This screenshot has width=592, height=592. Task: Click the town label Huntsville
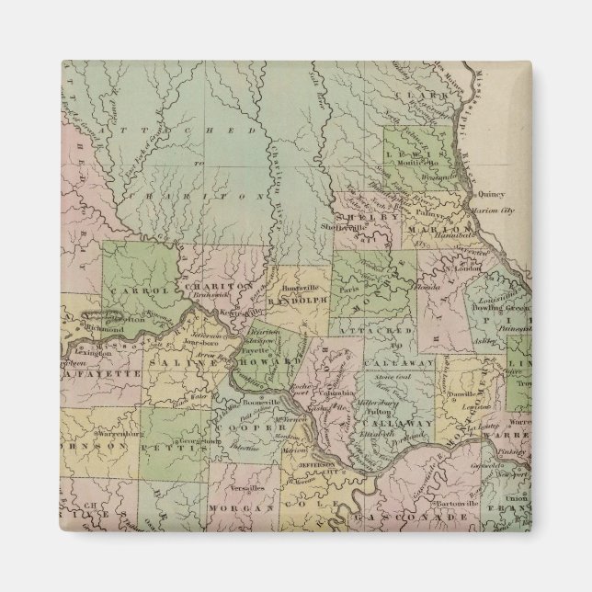coord(297,288)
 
